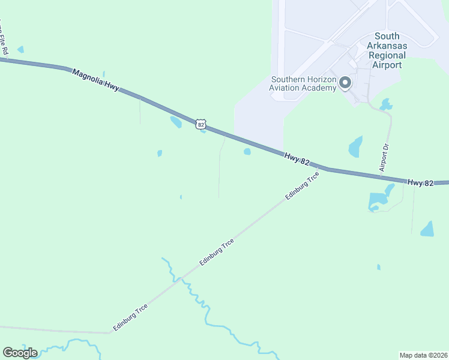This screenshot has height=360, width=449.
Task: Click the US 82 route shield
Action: pyautogui.click(x=200, y=124)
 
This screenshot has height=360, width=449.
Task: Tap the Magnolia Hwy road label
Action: pyautogui.click(x=95, y=79)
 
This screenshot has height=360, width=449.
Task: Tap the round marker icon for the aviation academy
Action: pyautogui.click(x=345, y=83)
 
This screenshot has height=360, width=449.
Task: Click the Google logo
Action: pyautogui.click(x=20, y=352)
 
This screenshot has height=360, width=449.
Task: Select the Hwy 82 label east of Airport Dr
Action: pyautogui.click(x=420, y=182)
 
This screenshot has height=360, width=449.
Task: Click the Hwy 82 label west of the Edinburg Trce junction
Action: pyautogui.click(x=297, y=159)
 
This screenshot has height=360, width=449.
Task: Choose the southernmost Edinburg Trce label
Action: pyautogui.click(x=130, y=317)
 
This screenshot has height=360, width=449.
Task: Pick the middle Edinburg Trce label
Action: pyautogui.click(x=216, y=253)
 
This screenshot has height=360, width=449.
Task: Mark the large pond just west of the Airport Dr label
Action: pyautogui.click(x=356, y=146)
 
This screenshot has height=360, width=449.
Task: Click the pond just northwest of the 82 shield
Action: pyautogui.click(x=176, y=122)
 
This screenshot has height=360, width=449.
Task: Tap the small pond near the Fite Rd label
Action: pyautogui.click(x=21, y=50)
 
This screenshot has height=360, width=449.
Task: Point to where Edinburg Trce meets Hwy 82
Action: pyautogui.click(x=328, y=169)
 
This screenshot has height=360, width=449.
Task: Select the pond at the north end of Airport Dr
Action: pyautogui.click(x=386, y=104)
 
